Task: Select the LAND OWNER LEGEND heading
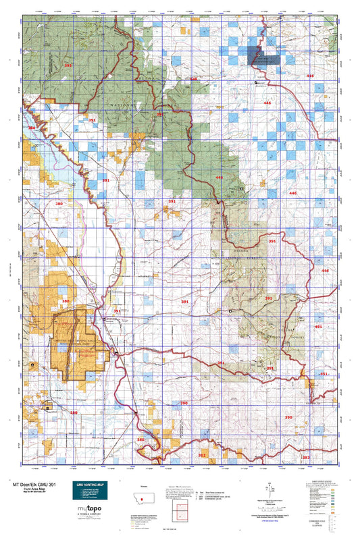[328, 483]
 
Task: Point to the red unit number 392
[67, 65]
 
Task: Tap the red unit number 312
[201, 455]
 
